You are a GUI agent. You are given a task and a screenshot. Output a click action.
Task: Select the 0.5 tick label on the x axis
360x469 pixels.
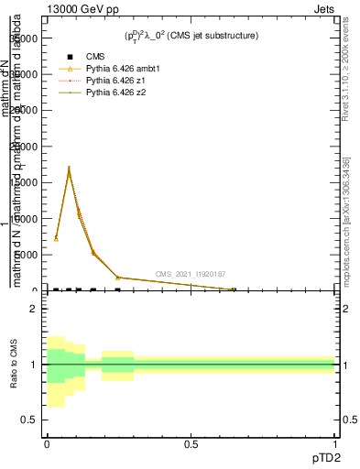point(191,445)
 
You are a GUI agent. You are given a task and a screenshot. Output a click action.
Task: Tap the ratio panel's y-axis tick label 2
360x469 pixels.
point(35,310)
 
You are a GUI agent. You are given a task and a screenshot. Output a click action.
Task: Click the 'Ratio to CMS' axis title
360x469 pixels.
point(15,365)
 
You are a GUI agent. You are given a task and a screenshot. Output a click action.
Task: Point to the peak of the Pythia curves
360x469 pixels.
point(69,169)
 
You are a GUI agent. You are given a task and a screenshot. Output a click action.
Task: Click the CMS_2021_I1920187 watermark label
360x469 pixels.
point(190,274)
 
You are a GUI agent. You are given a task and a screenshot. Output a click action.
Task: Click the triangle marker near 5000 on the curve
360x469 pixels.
point(93,253)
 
